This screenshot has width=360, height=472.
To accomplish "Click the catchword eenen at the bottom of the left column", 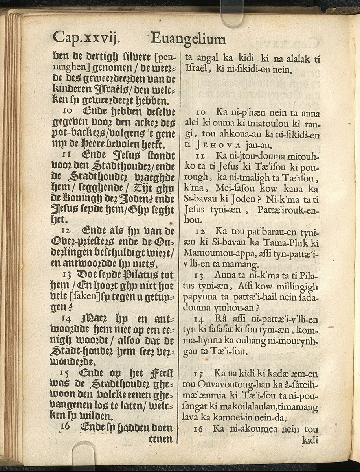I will (161, 439).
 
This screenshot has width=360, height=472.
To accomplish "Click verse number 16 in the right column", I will (198, 429).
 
